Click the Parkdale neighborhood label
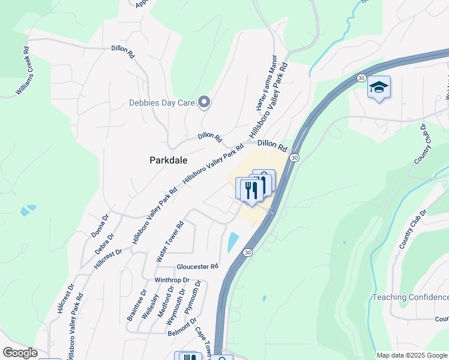click(x=168, y=161)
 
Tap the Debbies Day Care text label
click(x=161, y=103)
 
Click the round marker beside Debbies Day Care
click(x=203, y=103)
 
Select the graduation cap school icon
click(x=379, y=88)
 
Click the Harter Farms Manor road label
click(x=267, y=85)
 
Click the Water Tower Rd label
click(x=169, y=241)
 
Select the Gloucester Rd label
click(x=197, y=266)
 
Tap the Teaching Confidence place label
click(x=411, y=298)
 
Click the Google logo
click(x=19, y=353)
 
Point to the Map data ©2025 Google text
click(x=411, y=355)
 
